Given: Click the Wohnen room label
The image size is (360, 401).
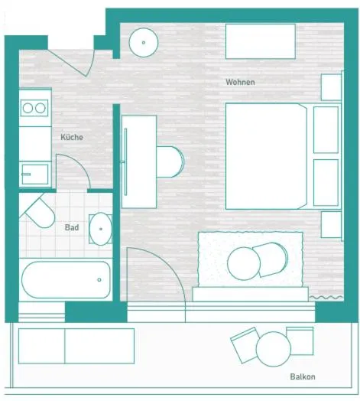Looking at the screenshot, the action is click(240, 82).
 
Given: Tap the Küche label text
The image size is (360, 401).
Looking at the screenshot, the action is click(72, 137).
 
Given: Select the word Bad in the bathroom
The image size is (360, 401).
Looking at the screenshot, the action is click(72, 227).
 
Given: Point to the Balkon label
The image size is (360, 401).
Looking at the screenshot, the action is click(303, 377).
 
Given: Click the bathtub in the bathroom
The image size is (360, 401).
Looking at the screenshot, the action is click(66, 279).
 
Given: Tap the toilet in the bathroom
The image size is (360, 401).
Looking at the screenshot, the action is click(40, 212).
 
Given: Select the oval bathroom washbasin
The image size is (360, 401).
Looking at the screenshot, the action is click(101, 229).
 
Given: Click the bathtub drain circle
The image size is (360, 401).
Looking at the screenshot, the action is click(99, 280).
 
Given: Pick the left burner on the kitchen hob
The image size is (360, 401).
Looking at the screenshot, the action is click(28, 108).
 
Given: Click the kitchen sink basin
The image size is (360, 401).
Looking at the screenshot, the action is click(35, 174).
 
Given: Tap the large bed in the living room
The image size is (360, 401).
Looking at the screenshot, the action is click(266, 156).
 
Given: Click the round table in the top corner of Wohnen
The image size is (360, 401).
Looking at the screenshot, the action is click(144, 42).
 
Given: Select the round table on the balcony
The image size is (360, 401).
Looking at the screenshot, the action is click(274, 349).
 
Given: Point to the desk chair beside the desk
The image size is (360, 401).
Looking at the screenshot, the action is click(170, 161).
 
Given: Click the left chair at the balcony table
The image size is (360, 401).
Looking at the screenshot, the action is click(245, 345).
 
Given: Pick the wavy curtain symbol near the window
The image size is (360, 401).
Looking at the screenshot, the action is click(326, 298).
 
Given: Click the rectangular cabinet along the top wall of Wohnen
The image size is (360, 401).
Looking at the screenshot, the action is click(261, 41).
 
